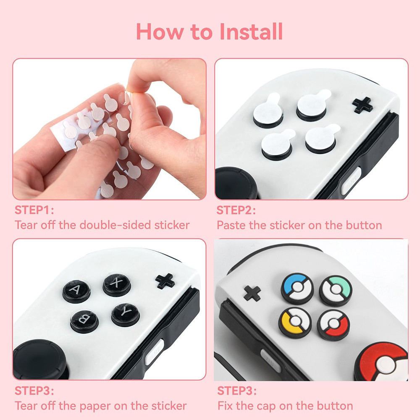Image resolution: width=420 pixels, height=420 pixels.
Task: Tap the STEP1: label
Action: [x=34, y=210]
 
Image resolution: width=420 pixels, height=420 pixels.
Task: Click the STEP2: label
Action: [x=236, y=210]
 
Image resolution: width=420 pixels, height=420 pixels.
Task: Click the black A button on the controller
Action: [x=76, y=291]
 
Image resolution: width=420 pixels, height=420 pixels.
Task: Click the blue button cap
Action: [x=297, y=288]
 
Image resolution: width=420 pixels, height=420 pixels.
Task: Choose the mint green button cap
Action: [x=336, y=291]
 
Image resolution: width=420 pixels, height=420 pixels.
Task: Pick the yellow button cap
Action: [x=295, y=323]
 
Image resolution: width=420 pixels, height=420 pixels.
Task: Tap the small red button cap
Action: [x=333, y=325]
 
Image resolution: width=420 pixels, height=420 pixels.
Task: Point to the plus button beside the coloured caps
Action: [x=252, y=293]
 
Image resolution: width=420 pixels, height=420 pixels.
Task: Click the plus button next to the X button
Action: [x=165, y=281]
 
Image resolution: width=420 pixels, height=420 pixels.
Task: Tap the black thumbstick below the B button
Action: [x=40, y=360]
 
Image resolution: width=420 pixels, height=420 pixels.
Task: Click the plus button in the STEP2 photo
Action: [x=362, y=105]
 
